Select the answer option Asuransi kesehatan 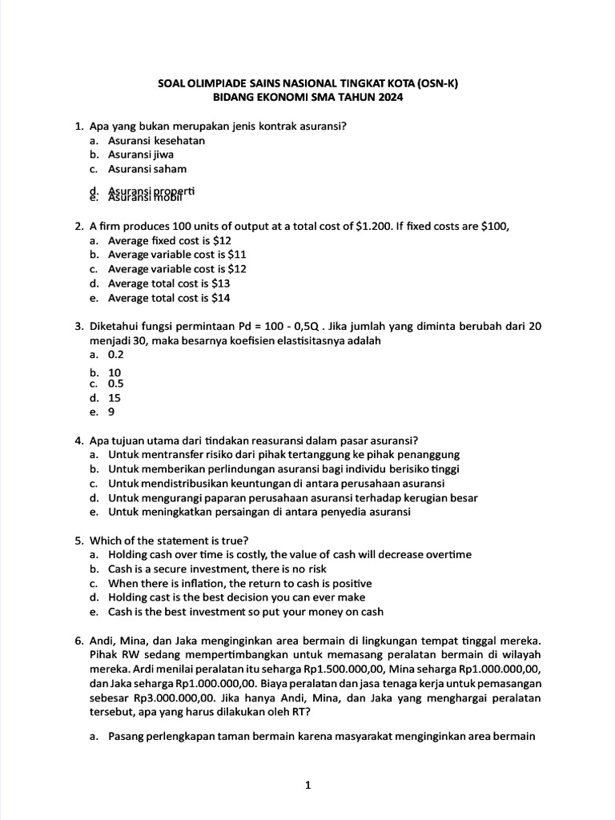tap(156, 140)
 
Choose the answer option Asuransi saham tap(147, 169)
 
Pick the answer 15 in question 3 tap(115, 397)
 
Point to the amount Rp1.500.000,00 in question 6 tap(308, 669)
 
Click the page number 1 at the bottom tap(307, 786)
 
